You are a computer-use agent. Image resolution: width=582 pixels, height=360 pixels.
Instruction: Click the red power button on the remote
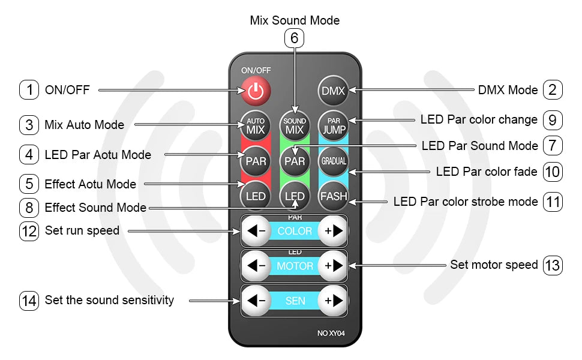(256, 91)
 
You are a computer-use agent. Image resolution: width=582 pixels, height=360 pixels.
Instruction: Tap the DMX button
(333, 91)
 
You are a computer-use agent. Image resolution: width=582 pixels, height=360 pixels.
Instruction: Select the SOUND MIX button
(295, 125)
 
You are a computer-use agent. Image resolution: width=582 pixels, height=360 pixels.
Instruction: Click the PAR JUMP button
(333, 125)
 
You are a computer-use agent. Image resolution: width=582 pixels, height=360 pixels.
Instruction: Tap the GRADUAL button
(333, 161)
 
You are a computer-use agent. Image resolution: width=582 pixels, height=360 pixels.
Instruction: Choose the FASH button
(333, 196)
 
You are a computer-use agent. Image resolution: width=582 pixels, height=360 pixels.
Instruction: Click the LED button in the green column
(295, 196)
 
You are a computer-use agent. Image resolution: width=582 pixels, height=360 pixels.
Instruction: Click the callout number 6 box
(294, 38)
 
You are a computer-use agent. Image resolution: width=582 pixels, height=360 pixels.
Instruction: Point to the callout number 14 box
(29, 300)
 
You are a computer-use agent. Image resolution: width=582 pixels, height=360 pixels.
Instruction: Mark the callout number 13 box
(553, 265)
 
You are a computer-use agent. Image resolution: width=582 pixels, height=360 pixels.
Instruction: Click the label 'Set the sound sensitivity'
(109, 300)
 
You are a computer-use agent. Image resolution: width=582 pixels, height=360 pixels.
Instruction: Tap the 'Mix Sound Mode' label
(295, 20)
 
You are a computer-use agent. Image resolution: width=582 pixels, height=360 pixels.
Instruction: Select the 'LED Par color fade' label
(487, 172)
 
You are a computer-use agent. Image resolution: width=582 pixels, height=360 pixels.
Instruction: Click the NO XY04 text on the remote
(332, 333)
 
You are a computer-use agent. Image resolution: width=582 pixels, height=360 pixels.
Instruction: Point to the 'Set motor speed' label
(494, 265)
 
